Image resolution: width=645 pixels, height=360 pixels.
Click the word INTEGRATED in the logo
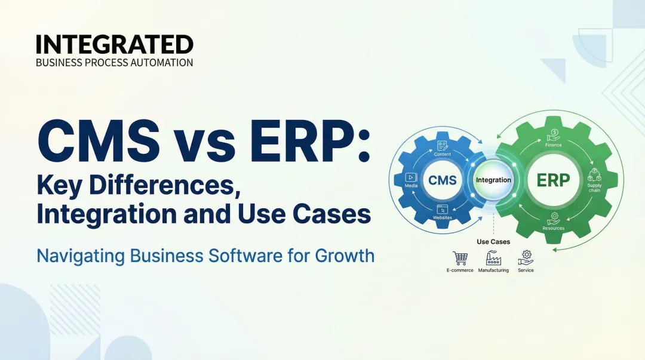click(x=114, y=45)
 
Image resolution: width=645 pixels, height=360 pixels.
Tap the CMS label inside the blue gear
click(x=443, y=180)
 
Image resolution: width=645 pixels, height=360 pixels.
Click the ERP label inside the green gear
click(x=554, y=180)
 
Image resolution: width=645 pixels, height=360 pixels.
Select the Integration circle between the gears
click(x=493, y=180)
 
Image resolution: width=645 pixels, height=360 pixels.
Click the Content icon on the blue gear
click(x=443, y=145)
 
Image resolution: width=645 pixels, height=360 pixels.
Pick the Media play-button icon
click(x=410, y=177)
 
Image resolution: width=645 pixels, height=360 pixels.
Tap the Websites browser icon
click(x=443, y=209)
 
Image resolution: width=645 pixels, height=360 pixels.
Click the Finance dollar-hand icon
click(x=554, y=134)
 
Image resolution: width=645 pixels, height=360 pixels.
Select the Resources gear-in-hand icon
click(x=554, y=218)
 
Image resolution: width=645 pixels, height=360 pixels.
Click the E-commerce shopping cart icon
click(x=460, y=258)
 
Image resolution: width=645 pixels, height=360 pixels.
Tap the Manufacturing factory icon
click(x=493, y=258)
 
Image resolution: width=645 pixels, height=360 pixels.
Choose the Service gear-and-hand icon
click(x=526, y=257)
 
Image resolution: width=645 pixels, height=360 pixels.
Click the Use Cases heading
click(x=493, y=242)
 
